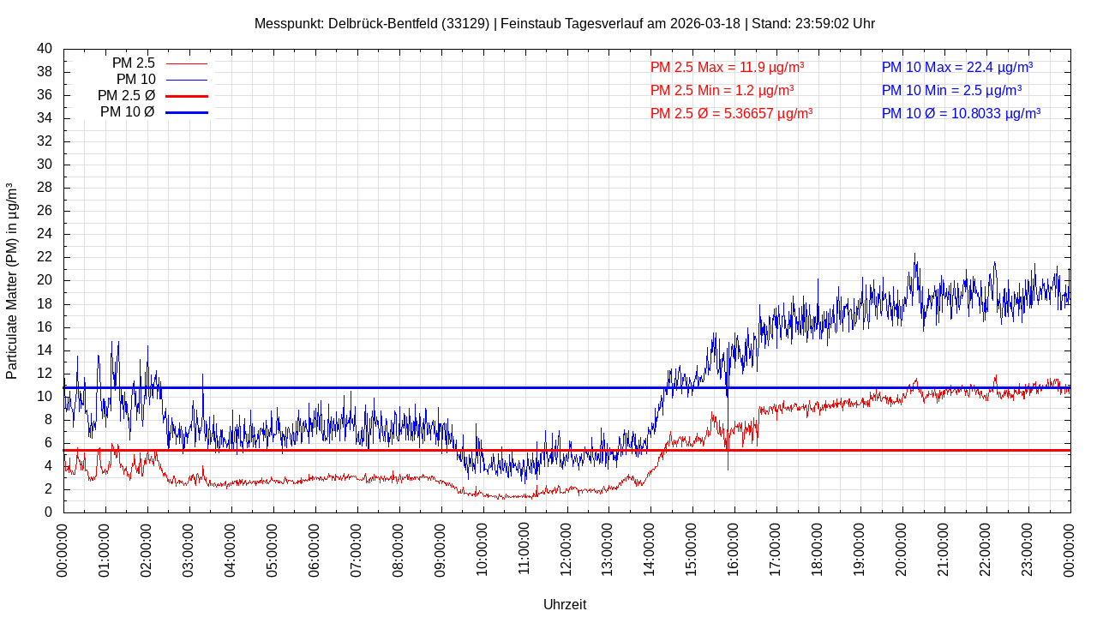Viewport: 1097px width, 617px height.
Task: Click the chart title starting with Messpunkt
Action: [564, 23]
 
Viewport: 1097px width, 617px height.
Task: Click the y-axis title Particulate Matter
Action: [12, 281]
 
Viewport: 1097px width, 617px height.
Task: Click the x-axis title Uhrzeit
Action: [565, 604]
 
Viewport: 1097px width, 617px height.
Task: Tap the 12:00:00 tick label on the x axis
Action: [566, 548]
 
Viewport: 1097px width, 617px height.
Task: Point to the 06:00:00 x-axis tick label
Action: [315, 548]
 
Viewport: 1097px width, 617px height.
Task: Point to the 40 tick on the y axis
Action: [45, 49]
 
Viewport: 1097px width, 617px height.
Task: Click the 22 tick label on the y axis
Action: [45, 257]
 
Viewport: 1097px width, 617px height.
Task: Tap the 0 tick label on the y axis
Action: [48, 512]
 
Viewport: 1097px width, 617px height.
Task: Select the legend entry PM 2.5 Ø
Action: [126, 96]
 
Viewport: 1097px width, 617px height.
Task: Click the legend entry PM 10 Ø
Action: [127, 112]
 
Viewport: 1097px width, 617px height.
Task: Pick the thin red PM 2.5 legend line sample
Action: [187, 63]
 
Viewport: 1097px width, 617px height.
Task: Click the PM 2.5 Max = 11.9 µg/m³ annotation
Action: [727, 67]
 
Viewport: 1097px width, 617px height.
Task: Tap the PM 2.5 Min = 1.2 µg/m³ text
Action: [722, 90]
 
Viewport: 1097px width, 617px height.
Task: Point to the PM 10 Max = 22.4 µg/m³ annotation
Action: [956, 67]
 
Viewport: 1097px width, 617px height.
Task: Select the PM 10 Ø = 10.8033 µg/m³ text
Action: [961, 113]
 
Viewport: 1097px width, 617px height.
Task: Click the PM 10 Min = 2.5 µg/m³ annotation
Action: [951, 90]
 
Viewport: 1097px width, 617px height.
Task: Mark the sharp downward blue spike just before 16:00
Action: [728, 467]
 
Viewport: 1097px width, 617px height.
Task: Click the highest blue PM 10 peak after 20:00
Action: [914, 255]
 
